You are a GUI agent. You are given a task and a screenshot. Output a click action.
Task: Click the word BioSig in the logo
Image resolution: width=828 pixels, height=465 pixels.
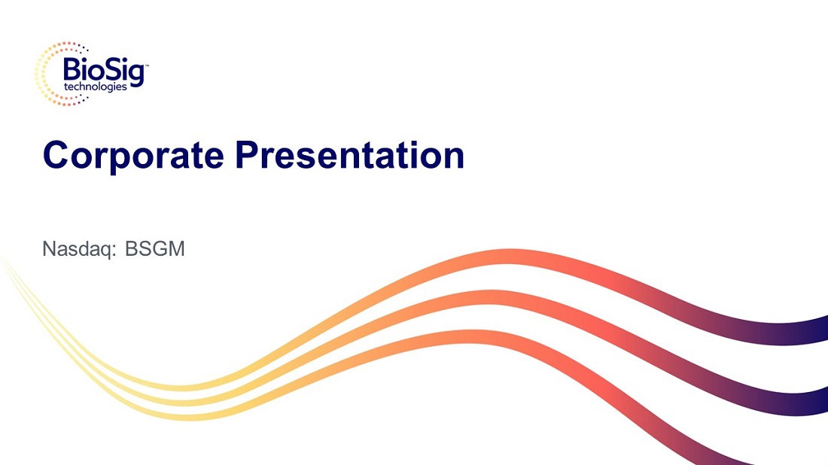pos(104,71)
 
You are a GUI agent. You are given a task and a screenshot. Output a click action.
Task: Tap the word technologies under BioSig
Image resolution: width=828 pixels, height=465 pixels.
pos(96,87)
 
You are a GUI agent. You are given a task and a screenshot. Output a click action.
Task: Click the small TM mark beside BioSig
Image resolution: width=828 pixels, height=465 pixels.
pos(146,66)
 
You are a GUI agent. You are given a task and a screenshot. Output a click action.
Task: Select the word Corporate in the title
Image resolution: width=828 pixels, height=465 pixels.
pos(133,155)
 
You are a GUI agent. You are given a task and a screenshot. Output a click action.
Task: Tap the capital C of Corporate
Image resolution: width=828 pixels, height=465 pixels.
pos(56,155)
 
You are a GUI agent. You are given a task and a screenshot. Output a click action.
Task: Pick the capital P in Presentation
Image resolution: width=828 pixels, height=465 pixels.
pos(248,154)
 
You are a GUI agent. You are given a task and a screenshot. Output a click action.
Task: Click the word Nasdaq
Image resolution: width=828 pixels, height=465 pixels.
pos(77,249)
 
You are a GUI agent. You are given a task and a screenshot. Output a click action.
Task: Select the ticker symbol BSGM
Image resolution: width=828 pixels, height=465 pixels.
pos(155,248)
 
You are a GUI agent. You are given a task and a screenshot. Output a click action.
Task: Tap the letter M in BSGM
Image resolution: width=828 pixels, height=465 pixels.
pos(176,248)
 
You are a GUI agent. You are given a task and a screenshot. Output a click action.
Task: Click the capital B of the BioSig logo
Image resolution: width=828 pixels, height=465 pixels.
pos(72,70)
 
